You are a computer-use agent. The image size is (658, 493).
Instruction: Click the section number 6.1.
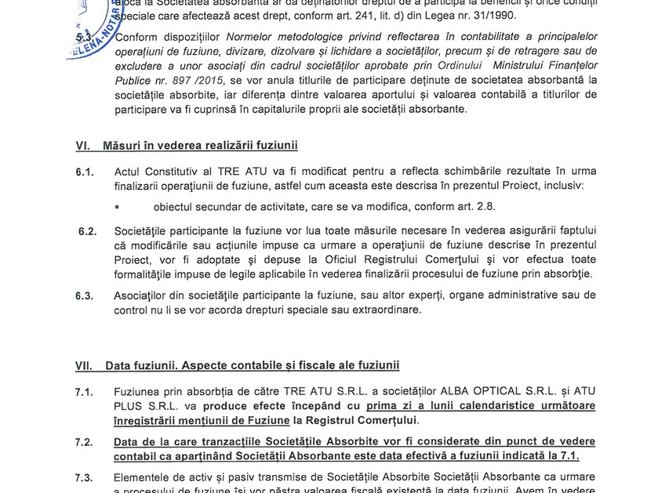click(x=85, y=172)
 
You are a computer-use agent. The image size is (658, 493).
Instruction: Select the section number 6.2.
click(x=86, y=232)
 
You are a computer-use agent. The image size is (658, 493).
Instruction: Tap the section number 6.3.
click(x=85, y=295)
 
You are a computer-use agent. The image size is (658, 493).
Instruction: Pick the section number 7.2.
click(x=85, y=443)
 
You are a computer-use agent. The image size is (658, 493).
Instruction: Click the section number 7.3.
click(x=85, y=477)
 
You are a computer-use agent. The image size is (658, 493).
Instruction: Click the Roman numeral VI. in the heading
click(x=84, y=146)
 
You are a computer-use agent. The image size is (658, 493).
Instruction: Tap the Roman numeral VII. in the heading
click(x=85, y=365)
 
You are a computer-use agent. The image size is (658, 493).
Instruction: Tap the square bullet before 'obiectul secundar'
click(x=117, y=207)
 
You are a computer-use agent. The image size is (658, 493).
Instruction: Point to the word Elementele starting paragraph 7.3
click(x=146, y=477)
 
